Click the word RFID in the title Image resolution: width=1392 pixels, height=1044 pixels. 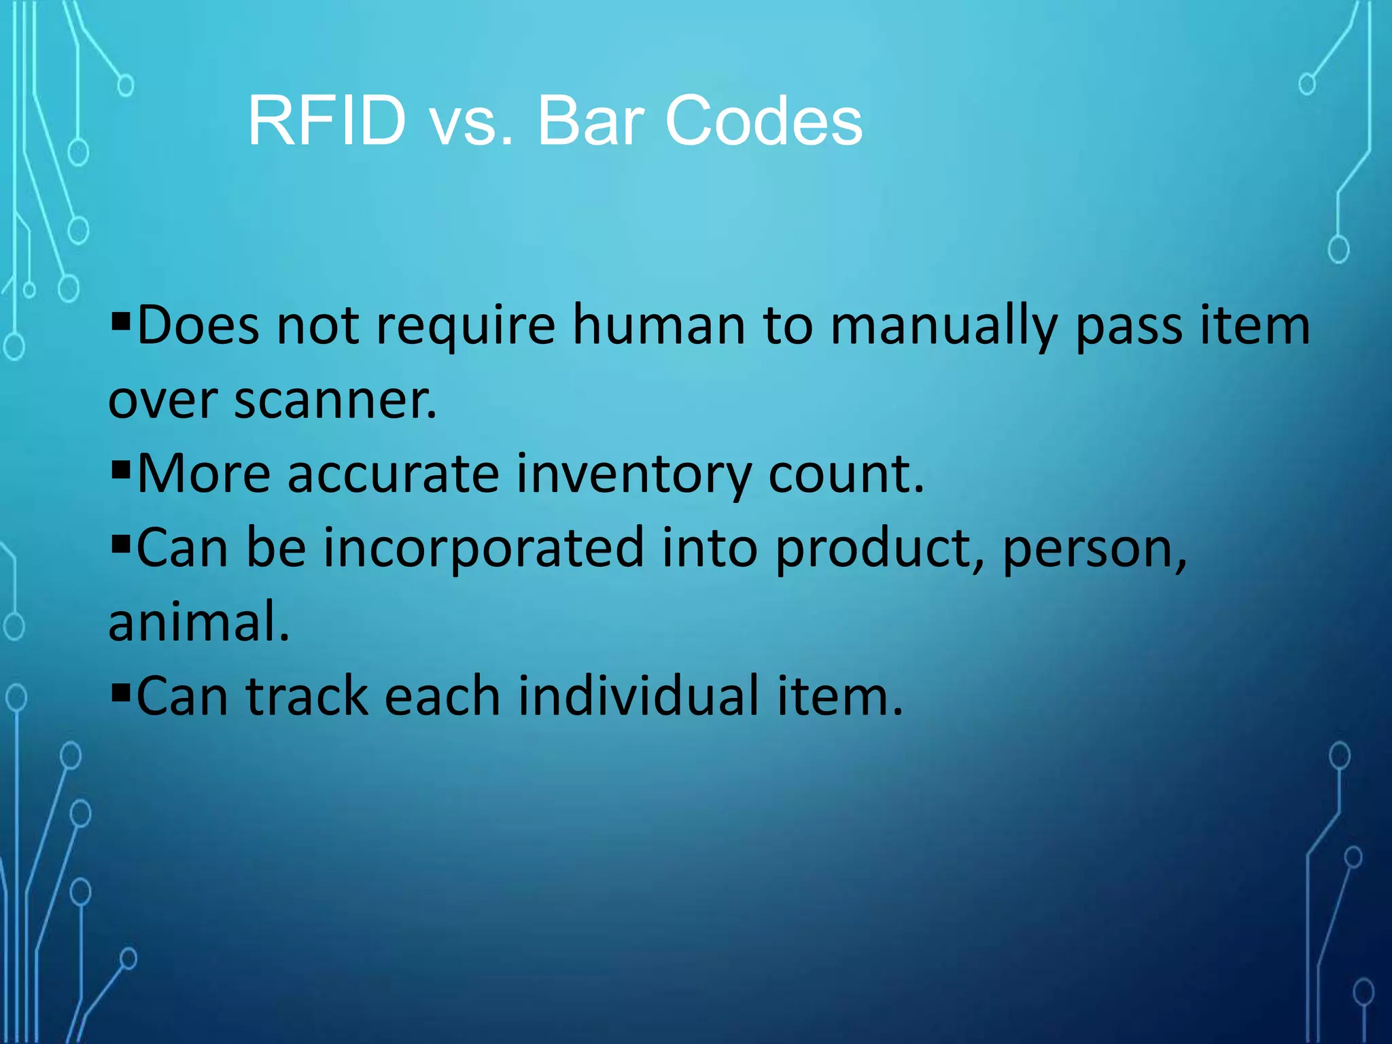pos(327,121)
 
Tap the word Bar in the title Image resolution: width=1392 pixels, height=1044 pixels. pos(590,121)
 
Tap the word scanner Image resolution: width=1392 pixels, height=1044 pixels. pos(336,400)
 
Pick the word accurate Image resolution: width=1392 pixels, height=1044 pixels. pos(393,474)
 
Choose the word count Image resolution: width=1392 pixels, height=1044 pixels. pos(846,474)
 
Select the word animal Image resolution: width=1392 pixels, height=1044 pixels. pos(198,621)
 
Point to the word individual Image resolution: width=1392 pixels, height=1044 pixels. pos(638,695)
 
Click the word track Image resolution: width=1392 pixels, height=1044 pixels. pos(307,695)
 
